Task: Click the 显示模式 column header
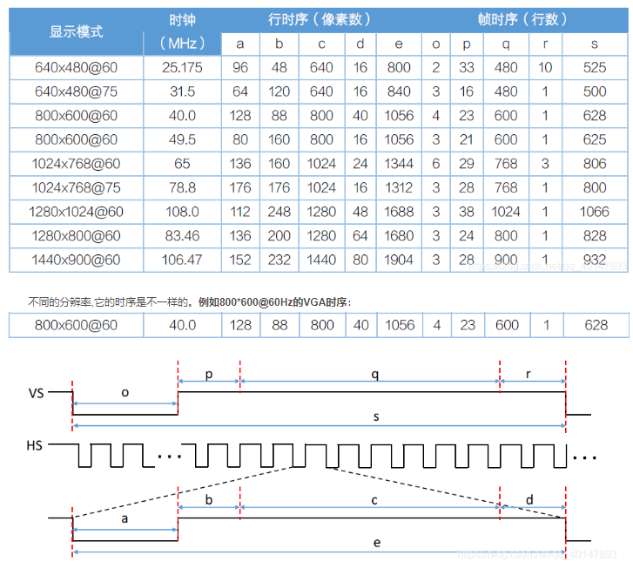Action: [x=77, y=31]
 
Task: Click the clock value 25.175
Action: [x=182, y=67]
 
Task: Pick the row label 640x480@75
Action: [x=77, y=91]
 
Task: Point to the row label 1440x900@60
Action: [x=77, y=260]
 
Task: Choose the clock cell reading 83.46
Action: [x=182, y=235]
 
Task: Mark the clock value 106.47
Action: [x=182, y=260]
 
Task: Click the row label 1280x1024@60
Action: [x=77, y=212]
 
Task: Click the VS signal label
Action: [x=37, y=393]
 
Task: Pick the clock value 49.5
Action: [x=182, y=139]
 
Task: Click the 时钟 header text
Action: [x=182, y=19]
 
